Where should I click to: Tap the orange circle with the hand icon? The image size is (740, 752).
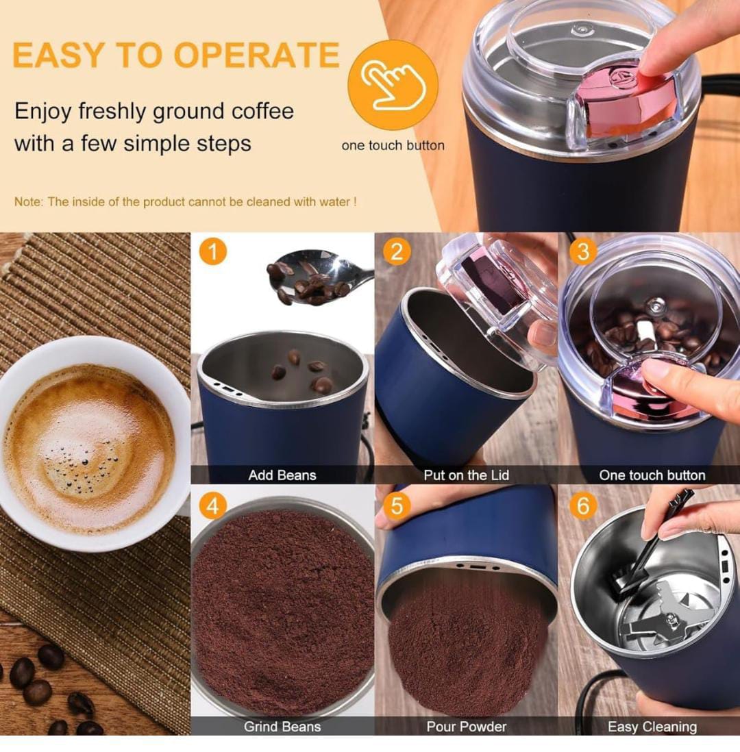[x=393, y=84]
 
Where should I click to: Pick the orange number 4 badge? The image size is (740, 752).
[x=212, y=505]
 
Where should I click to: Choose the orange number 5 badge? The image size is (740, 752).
[x=397, y=505]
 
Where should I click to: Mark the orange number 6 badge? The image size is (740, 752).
[x=583, y=505]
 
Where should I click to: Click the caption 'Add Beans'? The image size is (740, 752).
[x=282, y=475]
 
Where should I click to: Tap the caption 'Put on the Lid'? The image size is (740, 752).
[x=466, y=475]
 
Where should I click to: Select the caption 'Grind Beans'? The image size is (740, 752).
[x=282, y=727]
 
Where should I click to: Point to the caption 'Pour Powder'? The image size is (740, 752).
[x=467, y=727]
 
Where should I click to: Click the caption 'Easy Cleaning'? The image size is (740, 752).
[x=652, y=727]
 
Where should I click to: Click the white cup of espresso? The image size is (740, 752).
[x=91, y=444]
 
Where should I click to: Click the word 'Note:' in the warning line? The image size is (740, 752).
[x=29, y=202]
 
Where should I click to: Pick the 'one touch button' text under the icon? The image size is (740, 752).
[x=393, y=145]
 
